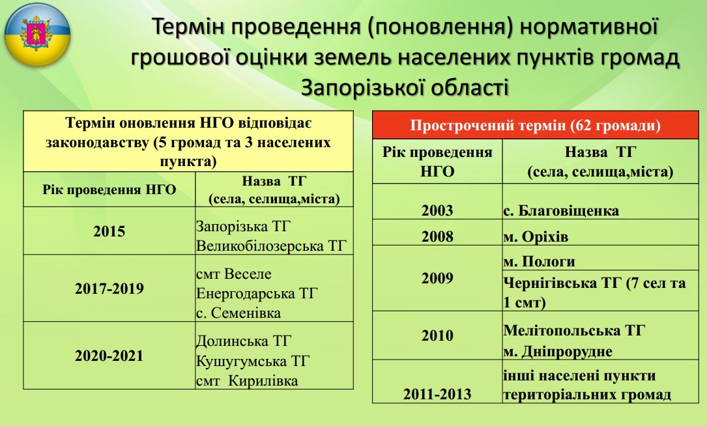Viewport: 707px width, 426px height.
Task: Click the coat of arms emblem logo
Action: pos(37,35)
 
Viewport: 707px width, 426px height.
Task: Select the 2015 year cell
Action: pos(109,231)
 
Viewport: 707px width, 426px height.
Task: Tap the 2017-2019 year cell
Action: pos(109,289)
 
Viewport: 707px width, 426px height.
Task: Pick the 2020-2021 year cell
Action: pos(109,356)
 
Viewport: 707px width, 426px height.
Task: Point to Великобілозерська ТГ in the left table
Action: pos(272,246)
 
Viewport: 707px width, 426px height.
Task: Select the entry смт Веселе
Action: pos(233,274)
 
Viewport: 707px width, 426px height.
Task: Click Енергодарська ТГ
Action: pos(257,294)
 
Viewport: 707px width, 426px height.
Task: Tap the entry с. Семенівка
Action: pos(238,313)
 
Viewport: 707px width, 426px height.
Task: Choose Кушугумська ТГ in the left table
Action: pos(253,361)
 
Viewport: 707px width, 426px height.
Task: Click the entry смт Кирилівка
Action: pos(247,381)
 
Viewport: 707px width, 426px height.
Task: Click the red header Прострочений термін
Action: pos(535,125)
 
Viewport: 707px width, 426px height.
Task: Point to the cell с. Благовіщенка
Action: pos(561,210)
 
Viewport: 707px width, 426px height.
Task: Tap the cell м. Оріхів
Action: pos(536,236)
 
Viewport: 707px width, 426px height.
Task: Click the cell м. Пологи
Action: pos(540,261)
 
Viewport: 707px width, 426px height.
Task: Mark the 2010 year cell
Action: pos(437,335)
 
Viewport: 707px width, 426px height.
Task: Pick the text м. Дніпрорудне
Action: pos(558,351)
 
